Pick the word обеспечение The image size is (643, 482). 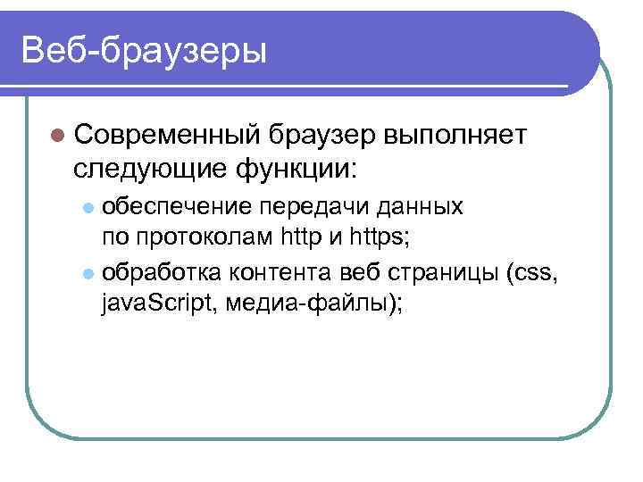tap(178, 207)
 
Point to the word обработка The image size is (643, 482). tap(164, 271)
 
